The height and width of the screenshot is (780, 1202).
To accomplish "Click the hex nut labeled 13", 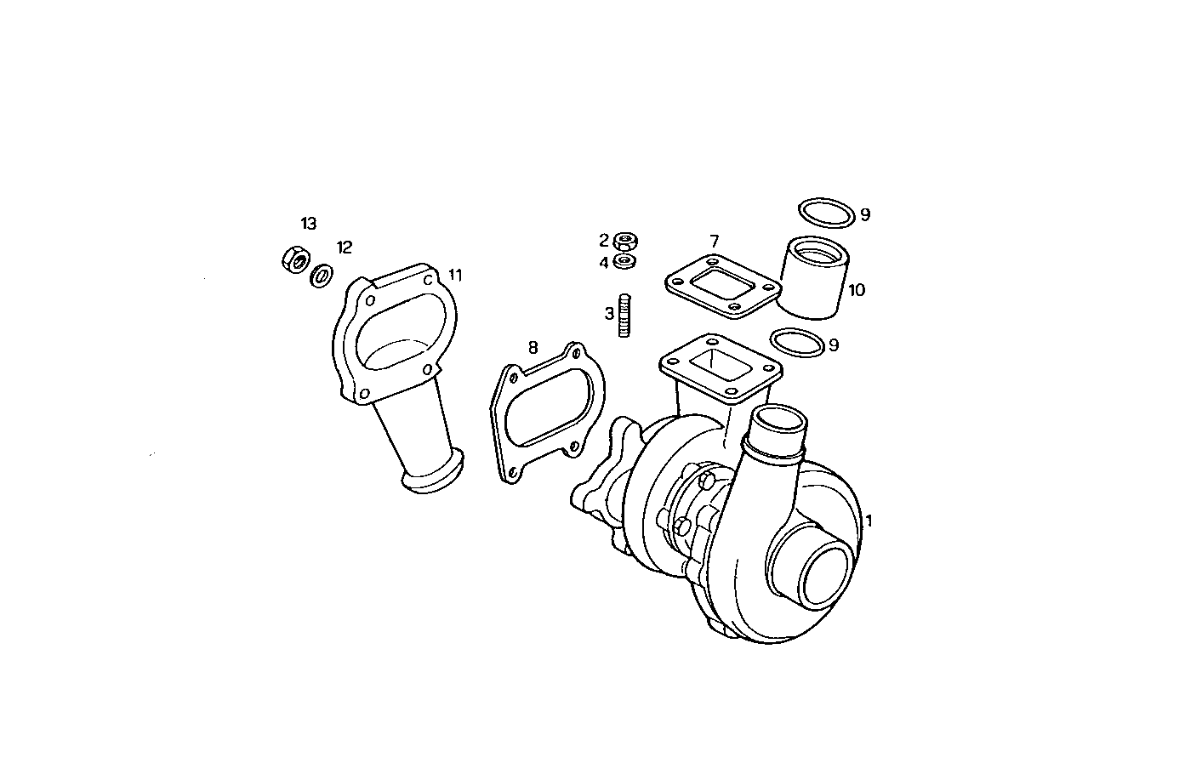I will tap(293, 258).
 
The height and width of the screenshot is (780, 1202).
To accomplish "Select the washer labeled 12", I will tap(322, 276).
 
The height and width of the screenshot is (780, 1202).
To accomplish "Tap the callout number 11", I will tap(455, 275).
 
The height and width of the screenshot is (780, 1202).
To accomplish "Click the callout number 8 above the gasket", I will tap(533, 347).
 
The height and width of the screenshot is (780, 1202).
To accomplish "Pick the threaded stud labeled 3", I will tap(625, 316).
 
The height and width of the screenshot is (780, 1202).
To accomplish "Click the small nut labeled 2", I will tap(626, 241).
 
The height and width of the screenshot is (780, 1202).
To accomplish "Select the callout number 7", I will tap(714, 242).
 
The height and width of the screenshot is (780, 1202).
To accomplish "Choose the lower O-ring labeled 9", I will tap(797, 343).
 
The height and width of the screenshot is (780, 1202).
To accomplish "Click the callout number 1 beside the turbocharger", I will tap(868, 521).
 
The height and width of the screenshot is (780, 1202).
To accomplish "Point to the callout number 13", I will tap(308, 224).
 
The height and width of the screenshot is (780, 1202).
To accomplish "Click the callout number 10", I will tap(856, 290).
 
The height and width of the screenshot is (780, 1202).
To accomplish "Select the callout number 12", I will tap(344, 248).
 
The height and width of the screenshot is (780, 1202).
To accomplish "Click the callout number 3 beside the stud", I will tap(609, 314).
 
